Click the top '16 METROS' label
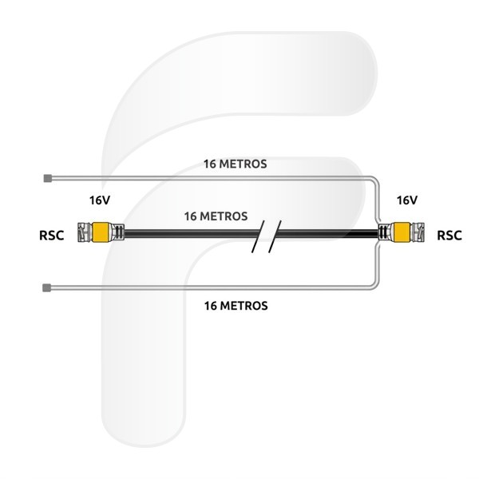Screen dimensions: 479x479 pos(236,164)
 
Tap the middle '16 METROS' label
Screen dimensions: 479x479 pos(216,216)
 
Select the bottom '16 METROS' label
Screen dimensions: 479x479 pos(236,306)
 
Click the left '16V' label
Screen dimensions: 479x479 pos(100,200)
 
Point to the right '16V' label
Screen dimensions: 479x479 pos(407,200)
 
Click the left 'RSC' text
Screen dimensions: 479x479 pos(52,236)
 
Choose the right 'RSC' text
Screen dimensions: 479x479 pos(449,236)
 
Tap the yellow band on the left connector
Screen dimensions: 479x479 pos(101,232)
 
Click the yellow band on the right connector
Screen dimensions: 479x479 pos(402,232)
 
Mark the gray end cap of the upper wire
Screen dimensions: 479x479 pos(47,178)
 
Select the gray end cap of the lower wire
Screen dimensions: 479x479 pos(46,287)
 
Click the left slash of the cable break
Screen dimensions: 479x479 pos(258,236)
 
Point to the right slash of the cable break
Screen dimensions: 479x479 pos(275,236)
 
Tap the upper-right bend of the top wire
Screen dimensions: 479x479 pos(375,180)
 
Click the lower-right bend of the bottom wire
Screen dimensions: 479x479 pos(375,285)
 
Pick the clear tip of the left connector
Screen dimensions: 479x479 pos(85,232)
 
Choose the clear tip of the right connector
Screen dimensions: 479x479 pos(418,232)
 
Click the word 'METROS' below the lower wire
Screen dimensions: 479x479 pos(243,306)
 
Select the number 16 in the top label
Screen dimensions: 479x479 pos(210,164)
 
